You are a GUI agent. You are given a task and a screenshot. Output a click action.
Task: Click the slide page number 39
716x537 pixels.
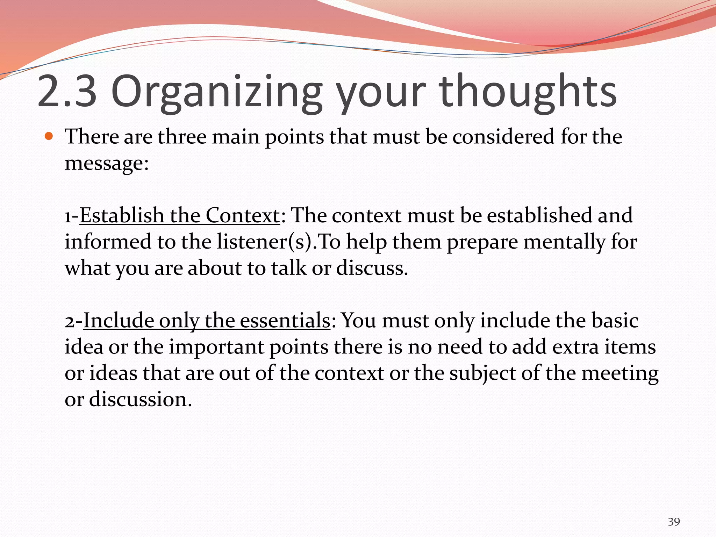tap(674, 522)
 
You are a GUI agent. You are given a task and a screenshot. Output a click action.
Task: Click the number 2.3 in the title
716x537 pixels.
tap(67, 92)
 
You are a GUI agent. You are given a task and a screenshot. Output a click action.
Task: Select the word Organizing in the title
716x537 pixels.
tap(216, 92)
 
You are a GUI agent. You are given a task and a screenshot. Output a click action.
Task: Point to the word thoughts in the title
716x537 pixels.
tap(528, 92)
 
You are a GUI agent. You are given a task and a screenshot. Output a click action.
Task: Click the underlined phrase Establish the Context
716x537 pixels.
tap(180, 215)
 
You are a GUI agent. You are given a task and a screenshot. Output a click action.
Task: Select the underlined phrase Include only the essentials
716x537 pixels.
tap(207, 320)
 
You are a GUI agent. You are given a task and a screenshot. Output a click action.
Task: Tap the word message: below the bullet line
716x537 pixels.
tap(107, 163)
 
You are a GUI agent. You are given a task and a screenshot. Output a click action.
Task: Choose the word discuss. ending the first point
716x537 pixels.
tap(372, 268)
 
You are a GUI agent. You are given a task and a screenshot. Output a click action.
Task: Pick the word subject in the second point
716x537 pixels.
tap(483, 373)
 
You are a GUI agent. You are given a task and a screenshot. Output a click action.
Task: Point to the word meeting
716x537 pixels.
tap(620, 373)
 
